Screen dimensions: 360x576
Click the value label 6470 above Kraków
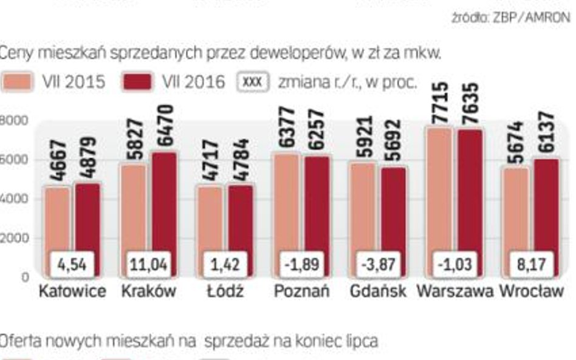click(165, 127)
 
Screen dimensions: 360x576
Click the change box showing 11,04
click(149, 265)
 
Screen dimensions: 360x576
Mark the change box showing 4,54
click(72, 265)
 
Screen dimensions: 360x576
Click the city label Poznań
click(301, 291)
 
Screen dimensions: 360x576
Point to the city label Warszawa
click(454, 291)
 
